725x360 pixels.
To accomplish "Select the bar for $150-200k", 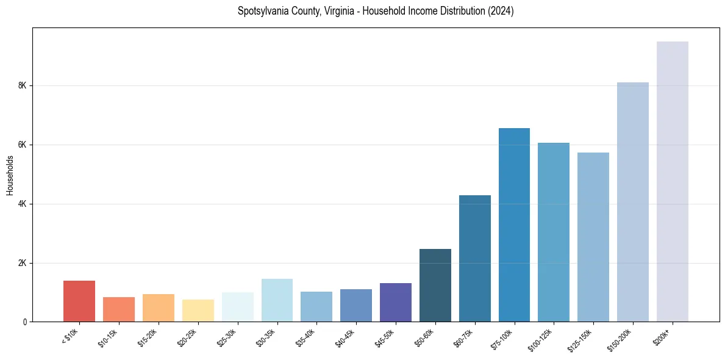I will click(x=632, y=201).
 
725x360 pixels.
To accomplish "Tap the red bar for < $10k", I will click(x=79, y=301).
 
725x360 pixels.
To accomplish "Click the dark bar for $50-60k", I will click(x=435, y=285).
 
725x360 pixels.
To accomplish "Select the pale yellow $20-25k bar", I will click(x=198, y=310).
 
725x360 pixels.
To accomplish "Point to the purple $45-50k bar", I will click(x=395, y=302).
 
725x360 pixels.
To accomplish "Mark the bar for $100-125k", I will click(x=554, y=232).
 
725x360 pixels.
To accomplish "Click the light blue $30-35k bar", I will click(x=277, y=300).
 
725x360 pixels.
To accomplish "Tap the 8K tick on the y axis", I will click(x=23, y=85).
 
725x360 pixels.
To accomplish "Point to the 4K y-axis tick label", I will click(x=23, y=204).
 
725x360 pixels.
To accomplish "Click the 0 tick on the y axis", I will click(x=24, y=322).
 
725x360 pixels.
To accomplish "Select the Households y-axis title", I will click(x=10, y=175).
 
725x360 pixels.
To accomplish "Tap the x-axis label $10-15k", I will click(x=109, y=336).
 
